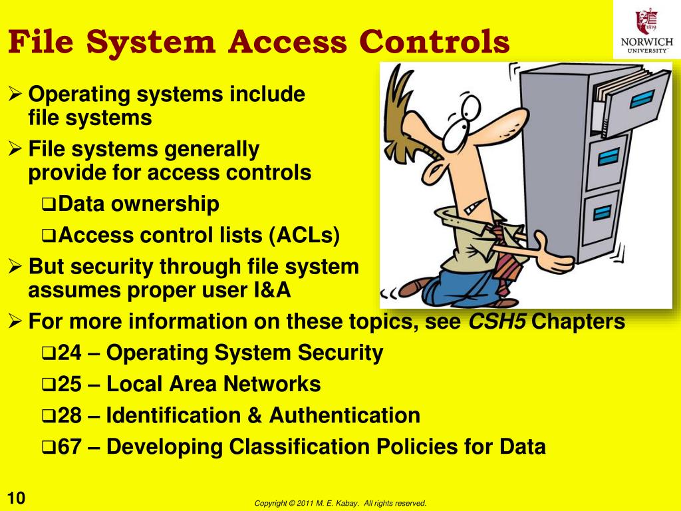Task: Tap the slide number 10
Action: pos(16,498)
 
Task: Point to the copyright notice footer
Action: pos(340,503)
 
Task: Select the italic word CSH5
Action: pos(498,322)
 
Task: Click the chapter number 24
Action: pos(69,353)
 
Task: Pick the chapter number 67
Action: pos(69,446)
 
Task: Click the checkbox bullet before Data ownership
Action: pos(49,205)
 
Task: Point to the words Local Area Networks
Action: pos(213,385)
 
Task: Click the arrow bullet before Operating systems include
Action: pos(18,94)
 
